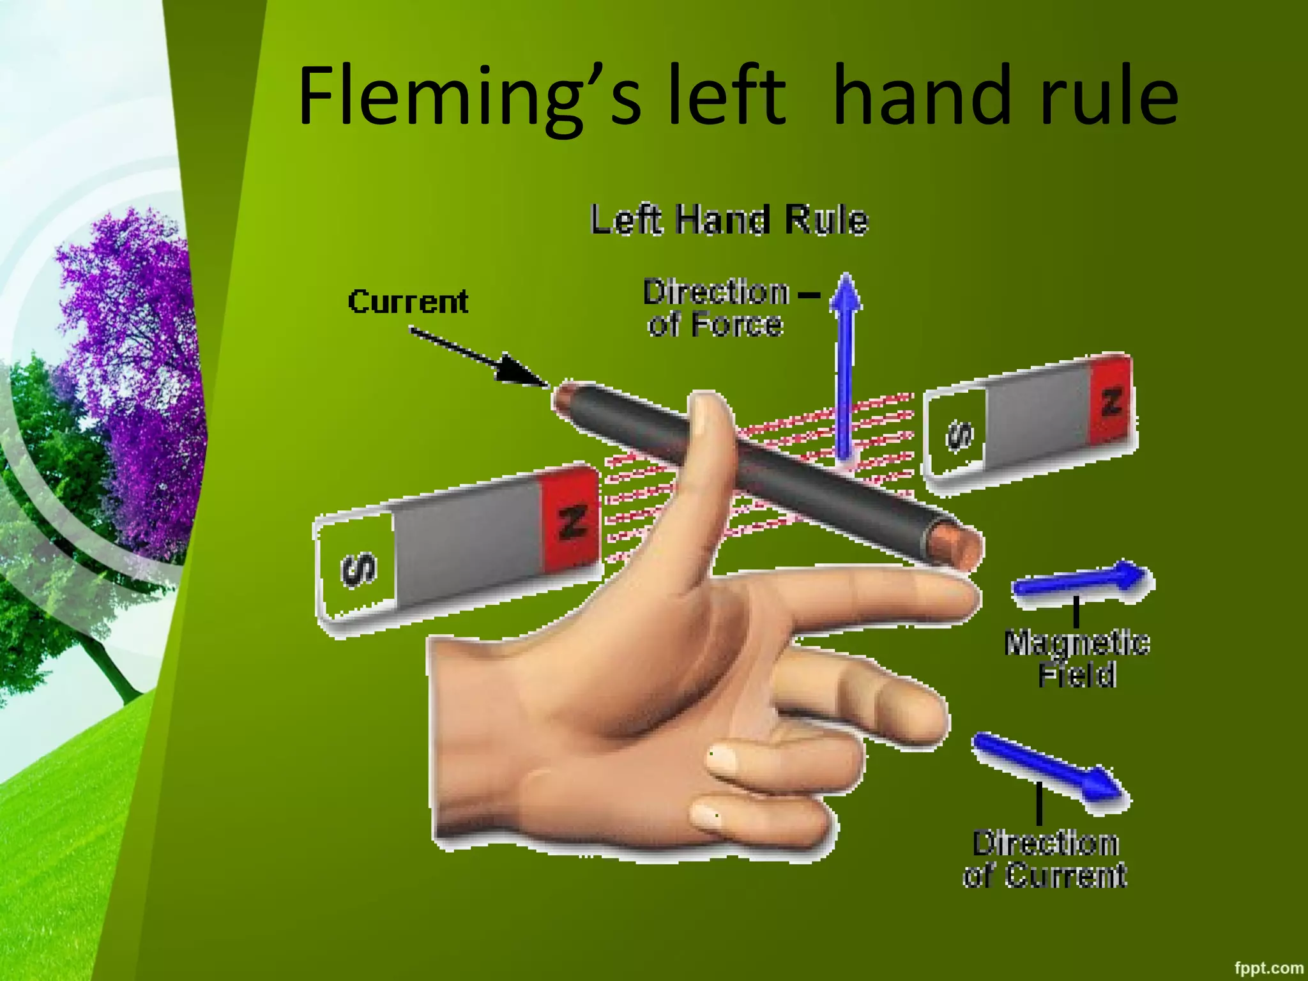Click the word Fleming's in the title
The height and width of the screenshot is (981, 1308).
[469, 97]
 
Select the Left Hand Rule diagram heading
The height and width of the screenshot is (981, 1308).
[729, 220]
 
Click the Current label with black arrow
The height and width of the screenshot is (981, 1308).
[408, 301]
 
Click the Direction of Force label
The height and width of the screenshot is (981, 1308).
[716, 308]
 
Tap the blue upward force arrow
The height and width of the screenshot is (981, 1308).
[846, 364]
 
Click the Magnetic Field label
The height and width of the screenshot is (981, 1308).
[1077, 658]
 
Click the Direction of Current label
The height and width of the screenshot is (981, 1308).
[1045, 859]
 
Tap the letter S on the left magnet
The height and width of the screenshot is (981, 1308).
[359, 568]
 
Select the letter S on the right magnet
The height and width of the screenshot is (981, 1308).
[959, 436]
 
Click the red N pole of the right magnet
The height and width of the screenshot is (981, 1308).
[1112, 401]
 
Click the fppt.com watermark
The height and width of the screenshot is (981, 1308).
[1268, 968]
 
